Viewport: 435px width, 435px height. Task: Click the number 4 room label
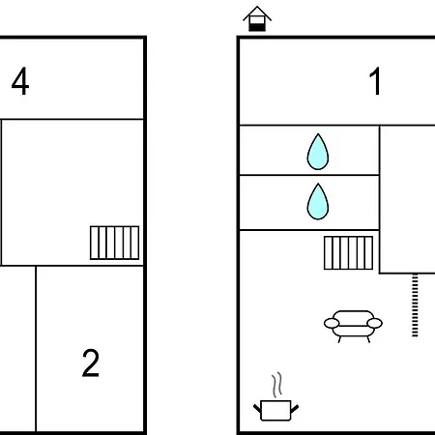click(x=20, y=81)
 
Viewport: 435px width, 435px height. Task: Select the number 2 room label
click(x=91, y=362)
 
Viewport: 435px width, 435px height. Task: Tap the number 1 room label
click(x=376, y=81)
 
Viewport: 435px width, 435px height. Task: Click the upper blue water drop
click(x=318, y=152)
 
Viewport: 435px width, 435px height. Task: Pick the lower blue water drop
click(x=318, y=201)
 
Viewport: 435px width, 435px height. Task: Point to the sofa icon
click(x=353, y=326)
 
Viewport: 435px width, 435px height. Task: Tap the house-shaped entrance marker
click(x=257, y=18)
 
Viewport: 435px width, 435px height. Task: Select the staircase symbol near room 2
click(x=115, y=243)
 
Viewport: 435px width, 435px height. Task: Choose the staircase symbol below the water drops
click(x=349, y=253)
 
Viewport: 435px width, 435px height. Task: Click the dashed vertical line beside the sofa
click(x=415, y=305)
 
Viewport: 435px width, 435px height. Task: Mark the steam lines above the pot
click(x=276, y=385)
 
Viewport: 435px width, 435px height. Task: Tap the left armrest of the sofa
click(x=332, y=323)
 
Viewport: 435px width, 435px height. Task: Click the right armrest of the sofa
click(x=375, y=323)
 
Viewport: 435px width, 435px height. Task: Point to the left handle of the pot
click(x=257, y=409)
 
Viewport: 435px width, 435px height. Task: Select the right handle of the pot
click(x=295, y=409)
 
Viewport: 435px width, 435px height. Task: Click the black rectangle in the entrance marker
click(x=257, y=27)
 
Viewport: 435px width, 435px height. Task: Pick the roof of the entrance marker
click(x=257, y=13)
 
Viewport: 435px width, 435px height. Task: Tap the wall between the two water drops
click(x=309, y=175)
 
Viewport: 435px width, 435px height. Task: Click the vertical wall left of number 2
click(x=36, y=349)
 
